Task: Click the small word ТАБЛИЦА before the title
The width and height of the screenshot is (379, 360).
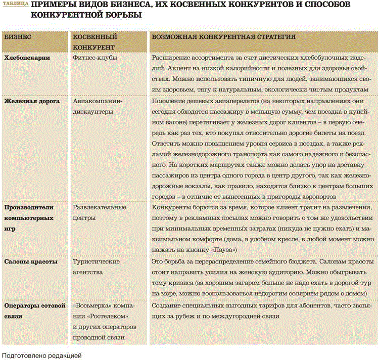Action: point(15,5)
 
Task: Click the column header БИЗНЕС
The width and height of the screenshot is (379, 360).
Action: point(18,37)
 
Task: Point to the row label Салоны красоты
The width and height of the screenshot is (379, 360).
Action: point(31,262)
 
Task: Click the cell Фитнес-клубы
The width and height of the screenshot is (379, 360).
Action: point(96,58)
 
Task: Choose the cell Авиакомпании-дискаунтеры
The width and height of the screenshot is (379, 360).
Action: point(98,106)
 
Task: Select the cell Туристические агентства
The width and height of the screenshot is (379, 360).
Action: point(97,267)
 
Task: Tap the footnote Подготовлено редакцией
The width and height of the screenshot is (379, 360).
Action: point(41,355)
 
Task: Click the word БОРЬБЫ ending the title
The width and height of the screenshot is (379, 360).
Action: point(121,16)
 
